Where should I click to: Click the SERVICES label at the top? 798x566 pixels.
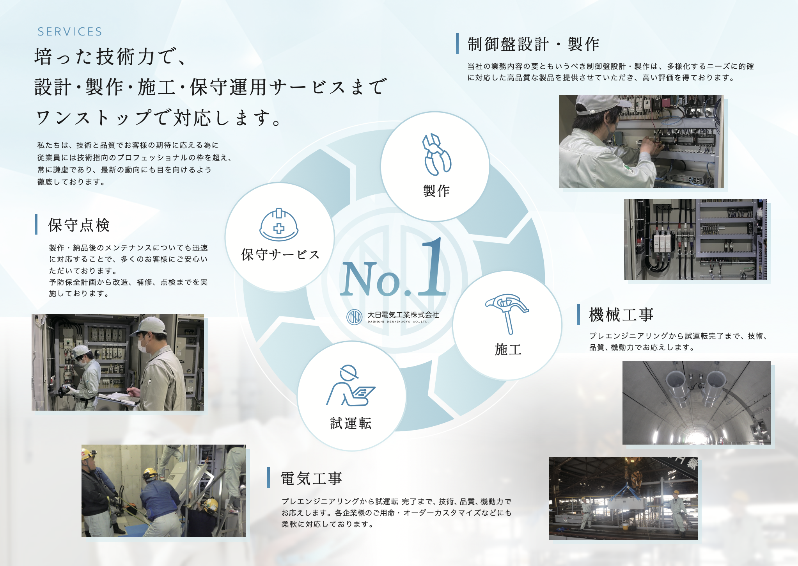click(x=70, y=32)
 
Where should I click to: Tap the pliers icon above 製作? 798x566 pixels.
click(x=436, y=155)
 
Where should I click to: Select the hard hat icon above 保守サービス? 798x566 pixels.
click(x=279, y=224)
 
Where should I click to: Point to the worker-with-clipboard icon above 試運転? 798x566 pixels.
click(x=350, y=386)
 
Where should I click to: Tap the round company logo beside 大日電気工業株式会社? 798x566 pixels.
click(x=355, y=317)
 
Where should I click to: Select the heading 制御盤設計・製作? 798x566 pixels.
click(x=533, y=44)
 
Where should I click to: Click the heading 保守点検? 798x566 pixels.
click(x=79, y=225)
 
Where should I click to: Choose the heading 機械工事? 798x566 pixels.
click(x=621, y=315)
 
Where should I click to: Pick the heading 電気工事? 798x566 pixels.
click(x=311, y=478)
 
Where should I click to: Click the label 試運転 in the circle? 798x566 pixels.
click(x=351, y=424)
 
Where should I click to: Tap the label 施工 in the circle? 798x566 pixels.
click(x=508, y=349)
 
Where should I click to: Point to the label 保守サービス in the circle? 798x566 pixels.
click(x=280, y=255)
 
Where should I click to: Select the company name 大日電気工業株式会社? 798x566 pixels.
click(x=403, y=315)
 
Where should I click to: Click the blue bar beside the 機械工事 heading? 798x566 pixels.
click(x=579, y=315)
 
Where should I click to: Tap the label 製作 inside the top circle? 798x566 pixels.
click(x=436, y=191)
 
